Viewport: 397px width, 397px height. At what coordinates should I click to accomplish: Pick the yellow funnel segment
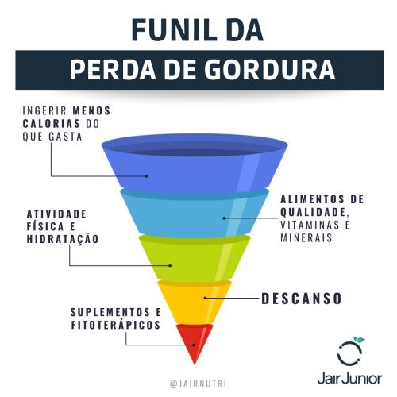[x=195, y=302]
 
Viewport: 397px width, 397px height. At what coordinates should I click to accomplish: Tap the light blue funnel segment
[x=195, y=213]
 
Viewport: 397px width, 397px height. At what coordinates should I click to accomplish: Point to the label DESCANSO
[x=301, y=299]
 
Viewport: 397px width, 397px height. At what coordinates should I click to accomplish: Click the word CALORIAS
[x=51, y=123]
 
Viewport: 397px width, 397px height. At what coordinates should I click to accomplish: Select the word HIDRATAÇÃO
[x=63, y=238]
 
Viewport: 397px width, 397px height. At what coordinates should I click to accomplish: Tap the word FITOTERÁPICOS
[x=116, y=325]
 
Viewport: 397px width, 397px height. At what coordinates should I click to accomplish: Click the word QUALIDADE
[x=313, y=212]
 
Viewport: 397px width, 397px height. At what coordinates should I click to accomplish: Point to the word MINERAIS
[x=306, y=237]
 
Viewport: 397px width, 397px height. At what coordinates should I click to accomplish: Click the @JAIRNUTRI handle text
[x=198, y=384]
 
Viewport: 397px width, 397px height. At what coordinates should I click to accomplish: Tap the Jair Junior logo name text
[x=350, y=379]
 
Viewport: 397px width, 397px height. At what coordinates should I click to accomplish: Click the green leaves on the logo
[x=359, y=339]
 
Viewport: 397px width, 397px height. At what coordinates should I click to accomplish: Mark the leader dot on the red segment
[x=194, y=345]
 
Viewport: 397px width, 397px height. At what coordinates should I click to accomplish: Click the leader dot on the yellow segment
[x=205, y=298]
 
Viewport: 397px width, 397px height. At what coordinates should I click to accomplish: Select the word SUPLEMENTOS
[x=110, y=312]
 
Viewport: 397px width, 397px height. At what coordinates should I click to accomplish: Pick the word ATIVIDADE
[x=56, y=214]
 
